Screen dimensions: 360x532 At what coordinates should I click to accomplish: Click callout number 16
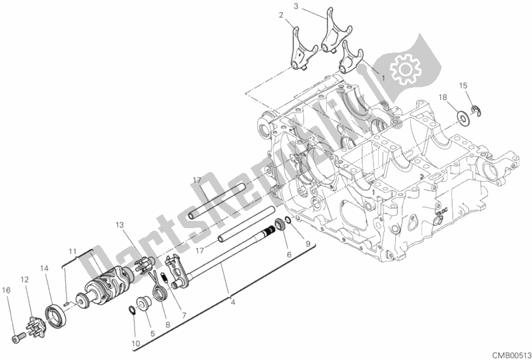(x=6, y=289)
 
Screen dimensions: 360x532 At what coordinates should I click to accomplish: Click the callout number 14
(x=45, y=268)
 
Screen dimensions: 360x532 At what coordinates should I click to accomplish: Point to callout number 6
(x=288, y=254)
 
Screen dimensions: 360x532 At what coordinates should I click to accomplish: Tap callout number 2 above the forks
(x=281, y=15)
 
